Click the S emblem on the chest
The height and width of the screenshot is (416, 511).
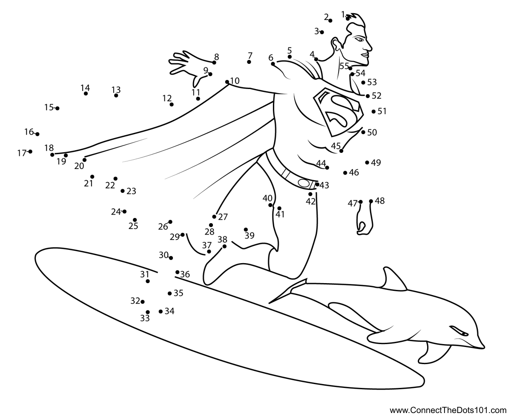click(338, 112)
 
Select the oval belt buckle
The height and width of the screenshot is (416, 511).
click(304, 183)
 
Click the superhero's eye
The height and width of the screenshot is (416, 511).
click(360, 39)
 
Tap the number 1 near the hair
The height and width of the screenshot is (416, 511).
click(343, 14)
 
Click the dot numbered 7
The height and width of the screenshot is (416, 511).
click(249, 62)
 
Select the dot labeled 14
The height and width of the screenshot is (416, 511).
click(86, 93)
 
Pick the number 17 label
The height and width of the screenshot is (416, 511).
click(22, 153)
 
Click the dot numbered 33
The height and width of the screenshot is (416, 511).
click(148, 312)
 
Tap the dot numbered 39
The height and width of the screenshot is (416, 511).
click(246, 230)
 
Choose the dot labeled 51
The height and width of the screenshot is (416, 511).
click(373, 111)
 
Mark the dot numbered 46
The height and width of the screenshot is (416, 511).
click(345, 172)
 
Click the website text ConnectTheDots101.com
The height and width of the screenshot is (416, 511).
click(448, 410)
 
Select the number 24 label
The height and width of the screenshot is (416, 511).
click(116, 212)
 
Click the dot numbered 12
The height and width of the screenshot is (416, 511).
click(172, 104)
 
